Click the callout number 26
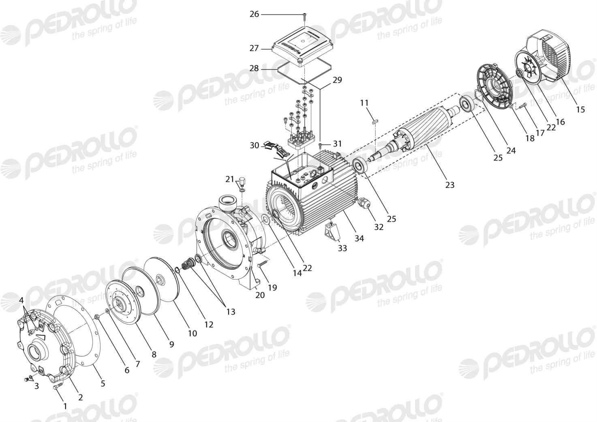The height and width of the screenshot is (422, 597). click(x=254, y=14)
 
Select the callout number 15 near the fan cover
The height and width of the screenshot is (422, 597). click(x=580, y=109)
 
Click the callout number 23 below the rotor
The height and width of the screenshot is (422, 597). click(x=450, y=185)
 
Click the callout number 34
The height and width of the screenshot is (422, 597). click(x=359, y=238)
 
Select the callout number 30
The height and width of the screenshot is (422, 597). click(x=254, y=146)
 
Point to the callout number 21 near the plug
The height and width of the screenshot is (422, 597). click(x=230, y=180)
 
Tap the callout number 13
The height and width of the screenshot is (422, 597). click(x=231, y=312)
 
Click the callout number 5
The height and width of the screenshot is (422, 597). click(x=103, y=383)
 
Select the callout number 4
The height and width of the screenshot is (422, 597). click(x=21, y=300)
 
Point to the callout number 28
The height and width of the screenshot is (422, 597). click(x=254, y=69)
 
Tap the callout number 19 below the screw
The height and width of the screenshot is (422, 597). click(x=272, y=287)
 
